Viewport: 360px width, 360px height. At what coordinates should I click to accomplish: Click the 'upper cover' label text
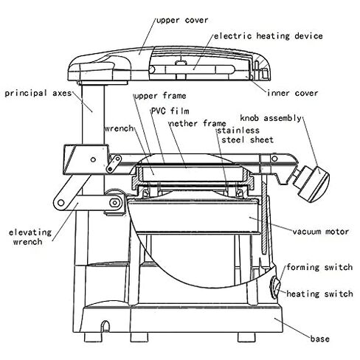pyautogui.click(x=182, y=20)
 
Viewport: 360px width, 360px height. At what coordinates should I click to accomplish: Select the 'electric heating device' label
pyautogui.click(x=269, y=36)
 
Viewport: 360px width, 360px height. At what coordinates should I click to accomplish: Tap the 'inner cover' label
pyautogui.click(x=293, y=93)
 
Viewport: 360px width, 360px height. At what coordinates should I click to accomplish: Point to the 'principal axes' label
pyautogui.click(x=38, y=94)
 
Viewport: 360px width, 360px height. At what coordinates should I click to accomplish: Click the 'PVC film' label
pyautogui.click(x=170, y=111)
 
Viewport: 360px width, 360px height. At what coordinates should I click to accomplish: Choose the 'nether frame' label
pyautogui.click(x=198, y=123)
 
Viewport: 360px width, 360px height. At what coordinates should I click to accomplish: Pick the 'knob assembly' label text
pyautogui.click(x=271, y=118)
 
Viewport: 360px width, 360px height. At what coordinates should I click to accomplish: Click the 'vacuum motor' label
pyautogui.click(x=320, y=232)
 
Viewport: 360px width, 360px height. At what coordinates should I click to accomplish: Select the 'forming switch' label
pyautogui.click(x=319, y=267)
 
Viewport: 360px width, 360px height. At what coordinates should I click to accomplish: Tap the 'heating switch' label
pyautogui.click(x=319, y=294)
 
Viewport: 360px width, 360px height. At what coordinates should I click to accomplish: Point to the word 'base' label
pyautogui.click(x=319, y=339)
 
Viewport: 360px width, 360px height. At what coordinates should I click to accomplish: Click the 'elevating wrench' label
pyautogui.click(x=30, y=237)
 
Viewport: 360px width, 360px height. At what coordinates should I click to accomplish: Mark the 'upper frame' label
pyautogui.click(x=160, y=96)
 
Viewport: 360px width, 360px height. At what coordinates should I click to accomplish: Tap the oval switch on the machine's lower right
pyautogui.click(x=275, y=288)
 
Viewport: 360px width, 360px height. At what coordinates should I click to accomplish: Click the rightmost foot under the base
pyautogui.click(x=246, y=337)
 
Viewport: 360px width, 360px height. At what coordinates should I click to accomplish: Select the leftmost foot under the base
pyautogui.click(x=93, y=337)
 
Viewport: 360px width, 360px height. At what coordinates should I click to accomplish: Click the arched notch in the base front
pyautogui.click(x=105, y=326)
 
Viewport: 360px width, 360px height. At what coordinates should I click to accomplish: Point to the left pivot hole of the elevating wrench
pyautogui.click(x=60, y=203)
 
